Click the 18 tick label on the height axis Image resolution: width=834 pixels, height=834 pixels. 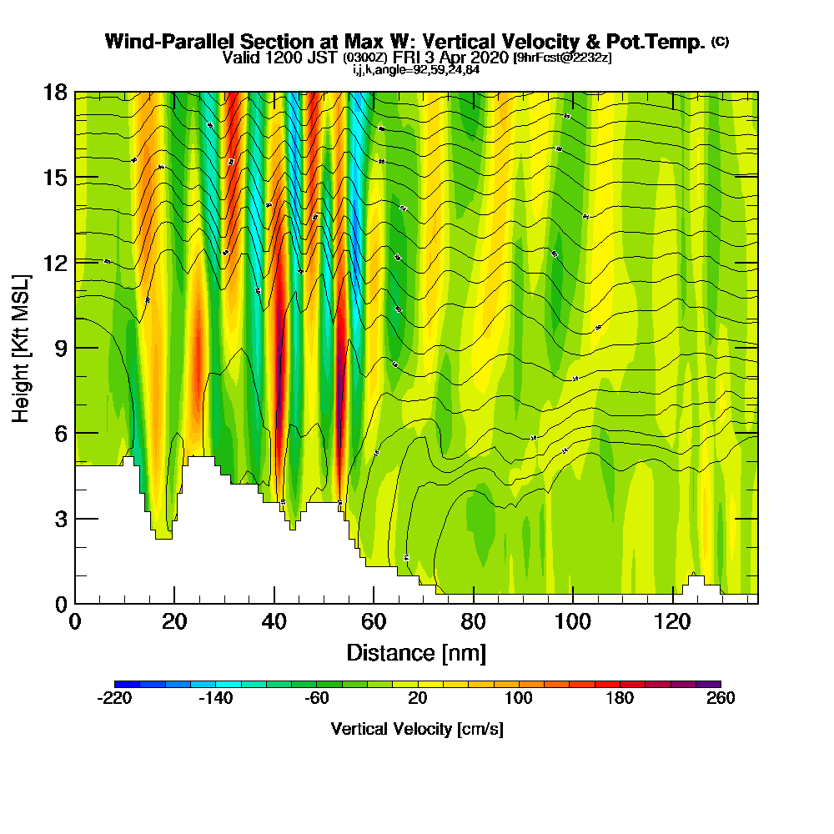click(x=55, y=92)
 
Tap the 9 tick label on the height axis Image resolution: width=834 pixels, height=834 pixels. click(x=60, y=348)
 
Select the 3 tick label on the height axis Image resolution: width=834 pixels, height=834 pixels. click(x=60, y=519)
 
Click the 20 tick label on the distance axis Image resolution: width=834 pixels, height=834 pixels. click(x=174, y=622)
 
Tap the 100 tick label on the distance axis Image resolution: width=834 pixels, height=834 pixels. click(x=573, y=622)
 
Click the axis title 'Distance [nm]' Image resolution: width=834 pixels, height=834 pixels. click(x=416, y=652)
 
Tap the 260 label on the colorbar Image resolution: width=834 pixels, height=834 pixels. click(x=721, y=699)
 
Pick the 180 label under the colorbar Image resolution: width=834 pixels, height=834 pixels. click(x=620, y=699)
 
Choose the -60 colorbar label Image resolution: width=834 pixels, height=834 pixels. click(x=317, y=699)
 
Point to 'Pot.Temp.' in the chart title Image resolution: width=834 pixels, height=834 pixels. click(x=658, y=42)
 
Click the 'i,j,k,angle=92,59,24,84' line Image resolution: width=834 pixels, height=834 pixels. click(x=416, y=70)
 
